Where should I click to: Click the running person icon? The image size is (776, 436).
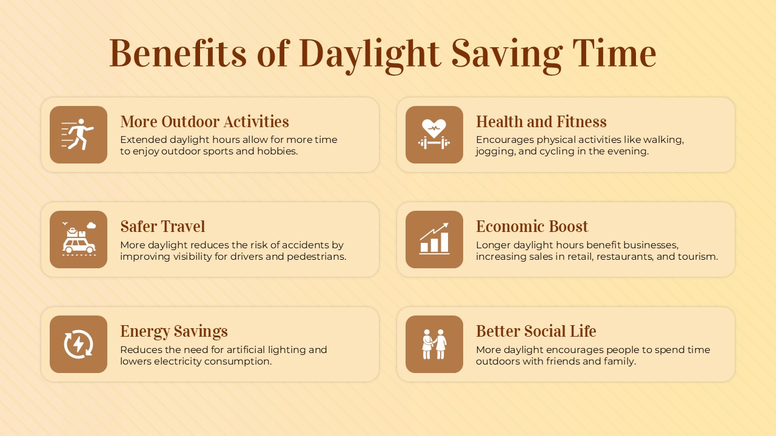click(x=78, y=134)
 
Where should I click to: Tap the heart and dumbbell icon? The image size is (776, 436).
click(x=434, y=134)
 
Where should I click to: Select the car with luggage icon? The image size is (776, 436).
click(x=78, y=239)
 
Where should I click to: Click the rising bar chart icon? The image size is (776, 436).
click(x=434, y=239)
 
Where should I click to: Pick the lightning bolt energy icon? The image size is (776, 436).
click(x=78, y=344)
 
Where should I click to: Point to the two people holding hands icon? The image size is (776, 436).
click(x=434, y=344)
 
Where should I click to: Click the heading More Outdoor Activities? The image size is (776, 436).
click(x=204, y=122)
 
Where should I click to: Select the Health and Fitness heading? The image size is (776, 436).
click(x=541, y=122)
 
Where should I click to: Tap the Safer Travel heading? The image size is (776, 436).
click(x=162, y=226)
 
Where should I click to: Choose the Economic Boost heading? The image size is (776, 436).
click(x=532, y=226)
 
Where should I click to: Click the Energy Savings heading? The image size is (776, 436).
click(x=174, y=331)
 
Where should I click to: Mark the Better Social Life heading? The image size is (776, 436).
click(x=536, y=331)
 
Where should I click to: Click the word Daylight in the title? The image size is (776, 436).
click(x=369, y=53)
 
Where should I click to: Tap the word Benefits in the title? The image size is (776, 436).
click(x=178, y=53)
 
